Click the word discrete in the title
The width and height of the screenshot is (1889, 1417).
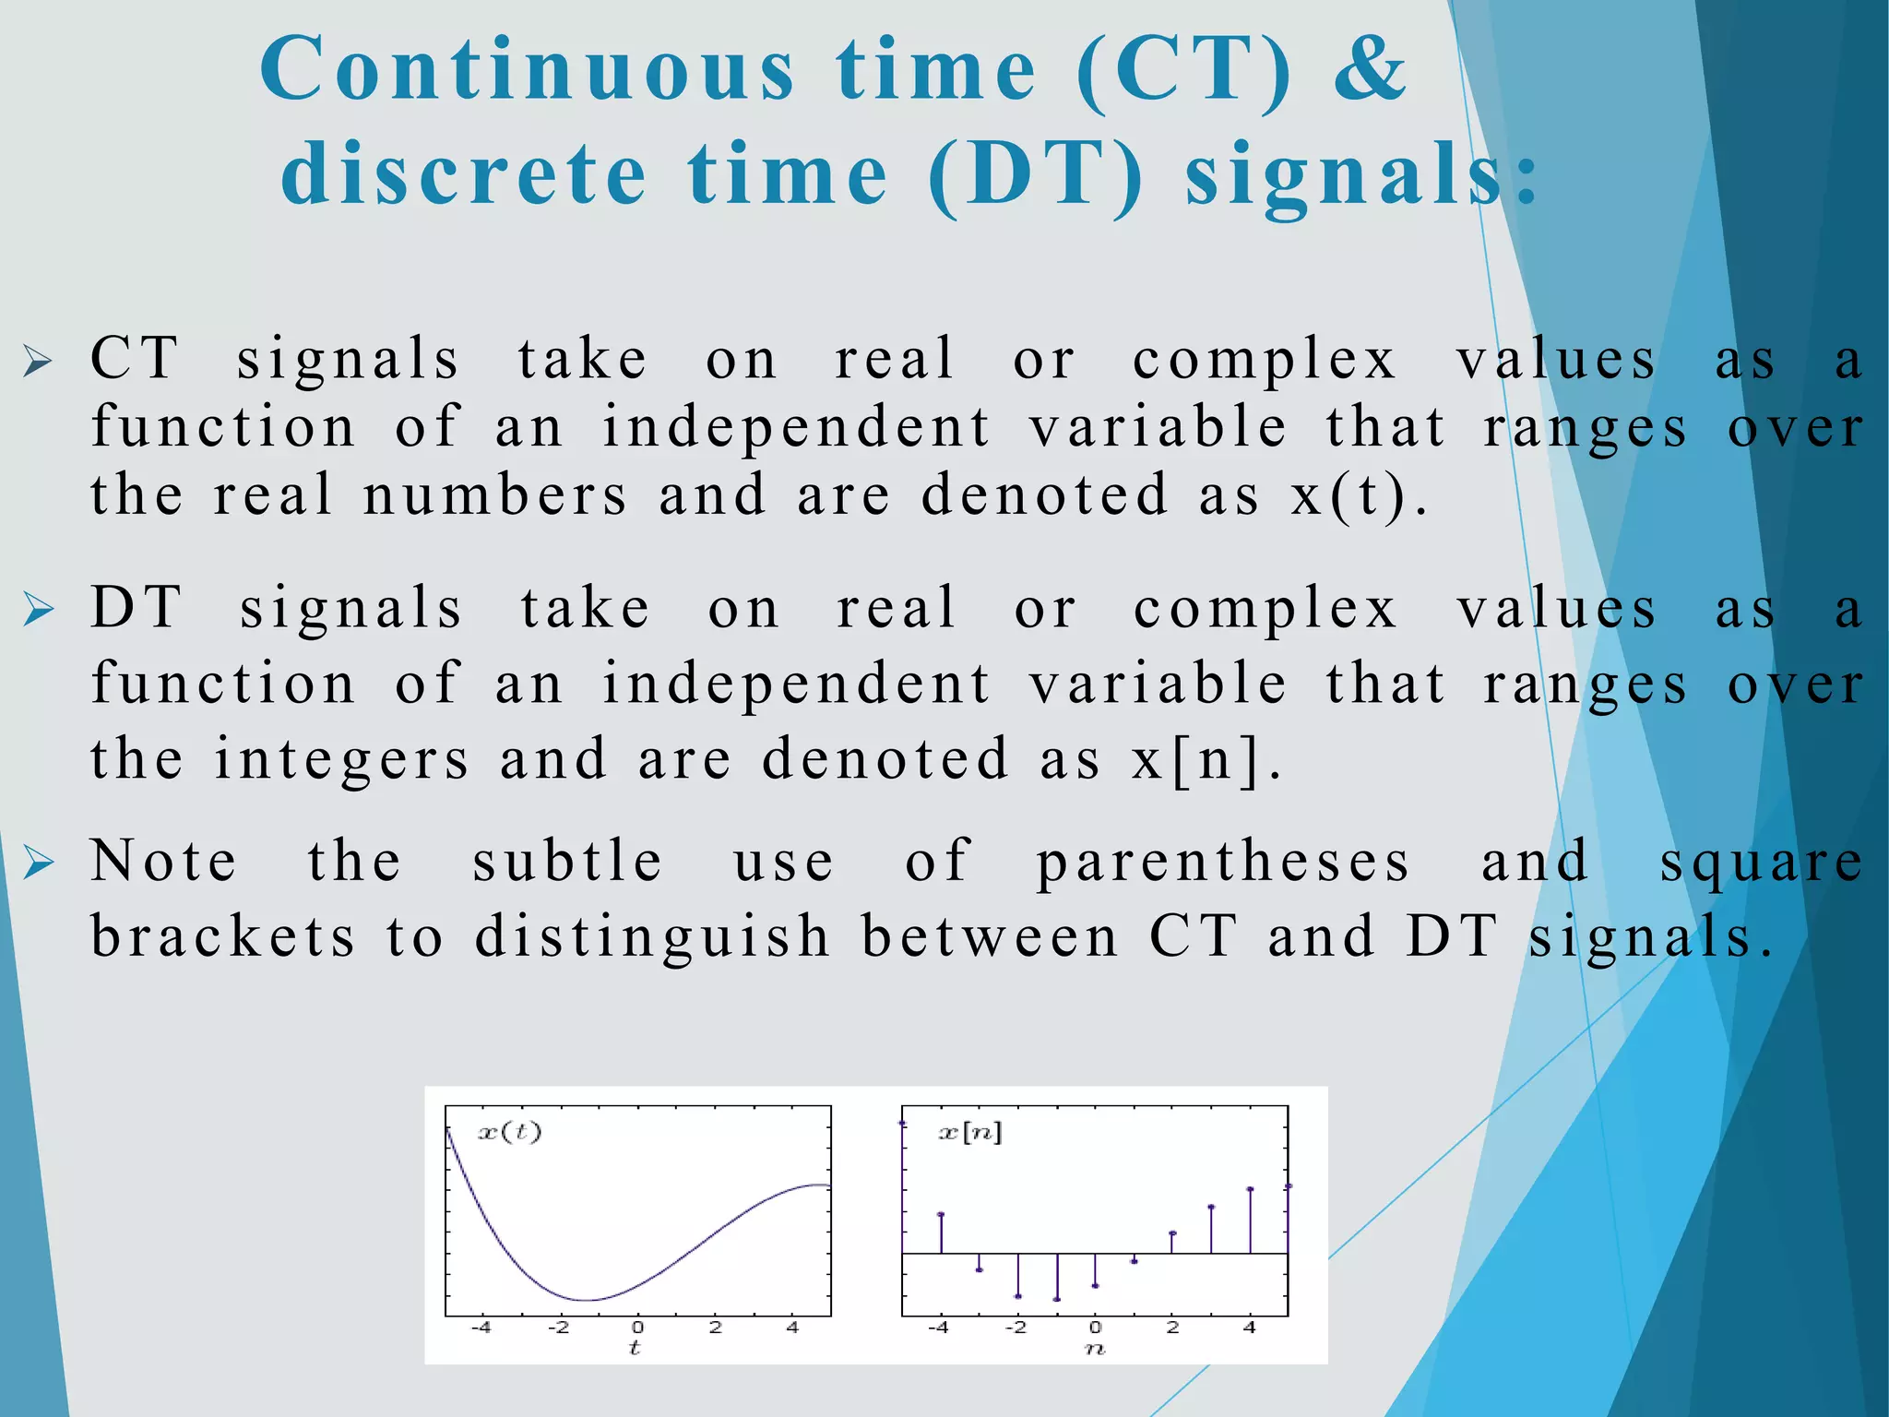pyautogui.click(x=464, y=174)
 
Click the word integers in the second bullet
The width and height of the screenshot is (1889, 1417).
pyautogui.click(x=342, y=759)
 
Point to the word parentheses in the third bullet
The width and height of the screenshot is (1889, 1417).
pyautogui.click(x=1223, y=863)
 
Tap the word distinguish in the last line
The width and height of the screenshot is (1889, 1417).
pyautogui.click(x=653, y=936)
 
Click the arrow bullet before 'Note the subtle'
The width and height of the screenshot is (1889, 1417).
pyautogui.click(x=39, y=863)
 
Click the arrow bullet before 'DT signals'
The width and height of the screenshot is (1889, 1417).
pyautogui.click(x=39, y=610)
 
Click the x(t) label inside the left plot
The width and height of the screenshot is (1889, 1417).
pyautogui.click(x=509, y=1132)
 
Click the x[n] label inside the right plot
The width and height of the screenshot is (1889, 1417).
pyautogui.click(x=969, y=1132)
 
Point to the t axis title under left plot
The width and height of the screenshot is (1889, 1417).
pyautogui.click(x=635, y=1348)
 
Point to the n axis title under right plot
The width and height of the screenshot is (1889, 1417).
pyautogui.click(x=1094, y=1349)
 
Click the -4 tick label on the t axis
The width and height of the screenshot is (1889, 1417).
pyautogui.click(x=481, y=1328)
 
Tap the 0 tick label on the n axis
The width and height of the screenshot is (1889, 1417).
pyautogui.click(x=1095, y=1328)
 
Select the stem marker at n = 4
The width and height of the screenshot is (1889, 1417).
pyautogui.click(x=1250, y=1189)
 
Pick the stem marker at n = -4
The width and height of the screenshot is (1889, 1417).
pyautogui.click(x=941, y=1214)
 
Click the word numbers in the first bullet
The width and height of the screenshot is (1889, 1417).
pyautogui.click(x=495, y=495)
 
